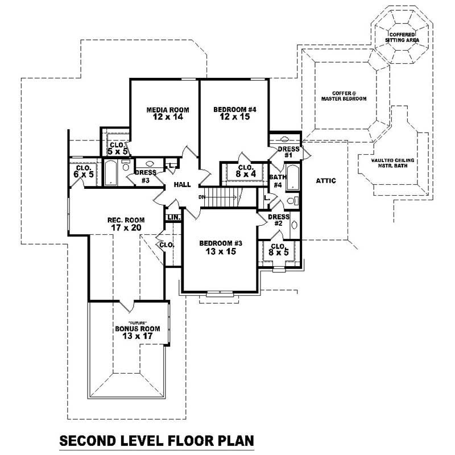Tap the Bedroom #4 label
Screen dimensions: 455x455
click(x=234, y=113)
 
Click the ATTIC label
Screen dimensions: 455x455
click(x=325, y=181)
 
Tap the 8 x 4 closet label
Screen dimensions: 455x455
click(x=245, y=171)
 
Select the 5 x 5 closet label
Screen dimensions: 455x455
click(x=118, y=148)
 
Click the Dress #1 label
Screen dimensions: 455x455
click(x=288, y=152)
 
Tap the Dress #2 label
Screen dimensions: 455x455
click(x=278, y=220)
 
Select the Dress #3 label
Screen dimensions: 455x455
click(x=142, y=176)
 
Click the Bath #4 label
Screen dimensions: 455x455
click(x=277, y=181)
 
